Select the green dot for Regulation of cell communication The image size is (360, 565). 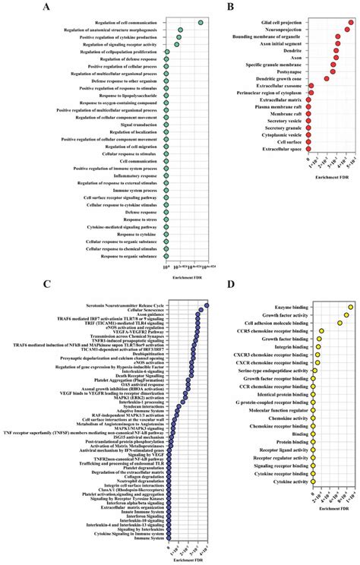click(200, 22)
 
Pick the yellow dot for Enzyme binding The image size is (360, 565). click(350, 308)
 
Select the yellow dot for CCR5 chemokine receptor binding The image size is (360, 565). click(321, 331)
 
